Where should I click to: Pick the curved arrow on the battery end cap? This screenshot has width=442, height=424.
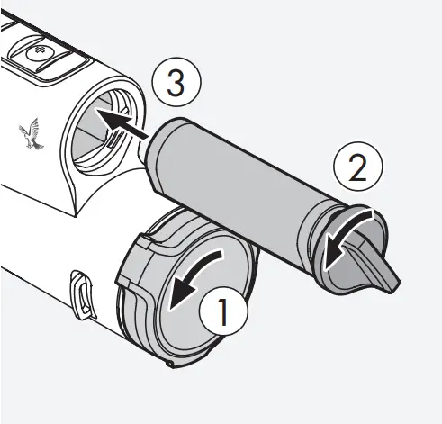[x=346, y=238]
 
